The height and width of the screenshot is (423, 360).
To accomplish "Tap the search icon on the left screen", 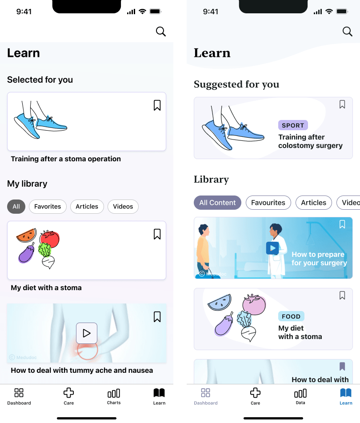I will [x=160, y=31].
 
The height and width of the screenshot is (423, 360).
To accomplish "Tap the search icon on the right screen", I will [x=347, y=31].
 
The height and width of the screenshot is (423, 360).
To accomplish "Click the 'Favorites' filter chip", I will [x=48, y=207].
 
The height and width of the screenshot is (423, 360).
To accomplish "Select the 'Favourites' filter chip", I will [x=268, y=203].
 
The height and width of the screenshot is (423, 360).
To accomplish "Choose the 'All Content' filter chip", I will [x=217, y=203].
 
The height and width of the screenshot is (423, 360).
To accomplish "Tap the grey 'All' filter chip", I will [x=16, y=207].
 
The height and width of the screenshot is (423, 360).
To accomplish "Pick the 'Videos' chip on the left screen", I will [x=123, y=207].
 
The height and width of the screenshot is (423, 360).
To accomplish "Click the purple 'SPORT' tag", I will [x=293, y=125].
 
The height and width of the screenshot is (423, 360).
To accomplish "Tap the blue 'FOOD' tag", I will [x=291, y=316].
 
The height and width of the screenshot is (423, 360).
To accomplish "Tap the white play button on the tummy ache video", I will [x=87, y=333].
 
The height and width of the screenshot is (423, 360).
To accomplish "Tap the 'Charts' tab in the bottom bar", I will [x=114, y=396].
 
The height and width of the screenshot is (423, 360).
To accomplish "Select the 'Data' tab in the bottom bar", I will [x=300, y=396].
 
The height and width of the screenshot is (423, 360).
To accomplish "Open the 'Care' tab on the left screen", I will [x=68, y=396].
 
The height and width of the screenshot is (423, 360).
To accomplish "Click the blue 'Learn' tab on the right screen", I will [x=346, y=396].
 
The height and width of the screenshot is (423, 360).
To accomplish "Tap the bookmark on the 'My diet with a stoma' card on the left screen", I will [x=157, y=234].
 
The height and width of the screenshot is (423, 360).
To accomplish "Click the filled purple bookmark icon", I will [x=342, y=367].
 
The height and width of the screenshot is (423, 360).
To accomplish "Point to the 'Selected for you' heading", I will [x=40, y=80].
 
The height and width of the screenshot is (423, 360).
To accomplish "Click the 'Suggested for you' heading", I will [x=236, y=84].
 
